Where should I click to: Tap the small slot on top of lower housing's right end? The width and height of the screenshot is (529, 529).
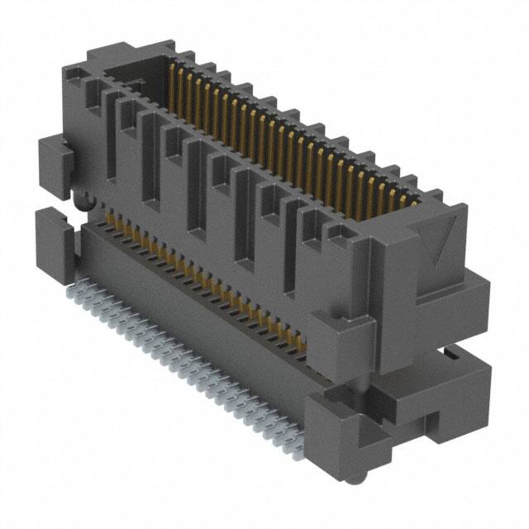click(x=450, y=355)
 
